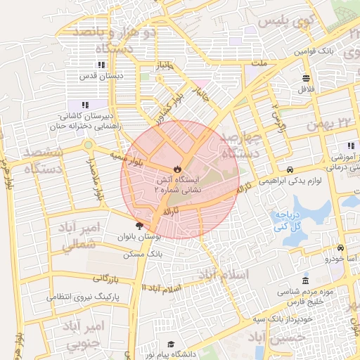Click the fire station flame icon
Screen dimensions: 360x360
pyautogui.click(x=177, y=169)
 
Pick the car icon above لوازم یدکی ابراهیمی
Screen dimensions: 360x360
pyautogui.click(x=290, y=170)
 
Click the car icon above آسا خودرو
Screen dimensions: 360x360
pyautogui.click(x=340, y=248)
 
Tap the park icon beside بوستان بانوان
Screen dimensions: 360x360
pyautogui.click(x=139, y=226)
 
